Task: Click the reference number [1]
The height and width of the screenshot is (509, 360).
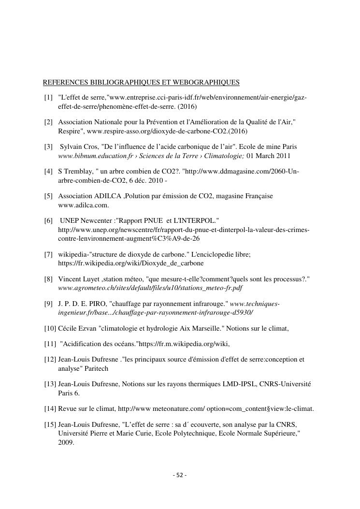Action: click(48, 98)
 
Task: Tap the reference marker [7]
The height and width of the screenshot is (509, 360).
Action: click(48, 254)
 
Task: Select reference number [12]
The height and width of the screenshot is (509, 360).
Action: click(50, 360)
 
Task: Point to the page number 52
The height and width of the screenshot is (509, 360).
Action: click(180, 475)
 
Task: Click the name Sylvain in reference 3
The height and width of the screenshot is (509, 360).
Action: click(71, 146)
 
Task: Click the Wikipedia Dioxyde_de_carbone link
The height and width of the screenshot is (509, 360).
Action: click(131, 263)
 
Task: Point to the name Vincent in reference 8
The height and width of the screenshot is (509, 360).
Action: click(70, 279)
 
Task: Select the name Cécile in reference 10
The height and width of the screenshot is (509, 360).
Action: click(69, 329)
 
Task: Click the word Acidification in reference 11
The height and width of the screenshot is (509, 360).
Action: click(81, 344)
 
